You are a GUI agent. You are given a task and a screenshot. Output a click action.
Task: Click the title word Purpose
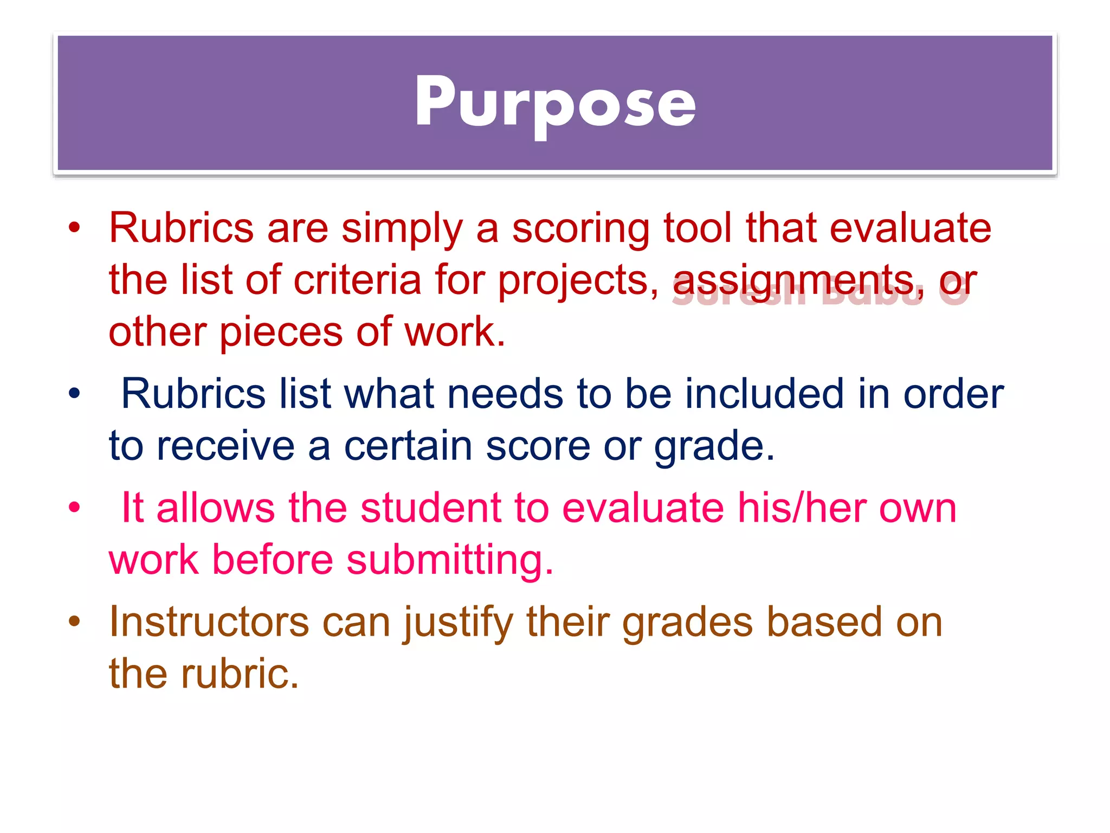click(555, 103)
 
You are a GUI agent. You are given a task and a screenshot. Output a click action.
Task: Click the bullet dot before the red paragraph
click(74, 228)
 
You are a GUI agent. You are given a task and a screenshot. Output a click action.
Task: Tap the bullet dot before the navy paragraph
click(74, 393)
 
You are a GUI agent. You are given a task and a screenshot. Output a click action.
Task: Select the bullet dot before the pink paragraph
click(74, 508)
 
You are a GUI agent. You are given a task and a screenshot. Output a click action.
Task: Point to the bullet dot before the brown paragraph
click(74, 621)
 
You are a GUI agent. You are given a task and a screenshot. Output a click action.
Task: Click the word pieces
click(281, 332)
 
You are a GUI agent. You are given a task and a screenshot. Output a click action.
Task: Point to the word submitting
click(449, 560)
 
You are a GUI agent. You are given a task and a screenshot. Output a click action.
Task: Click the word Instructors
click(209, 622)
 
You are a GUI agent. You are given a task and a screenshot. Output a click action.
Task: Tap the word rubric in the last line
click(239, 674)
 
